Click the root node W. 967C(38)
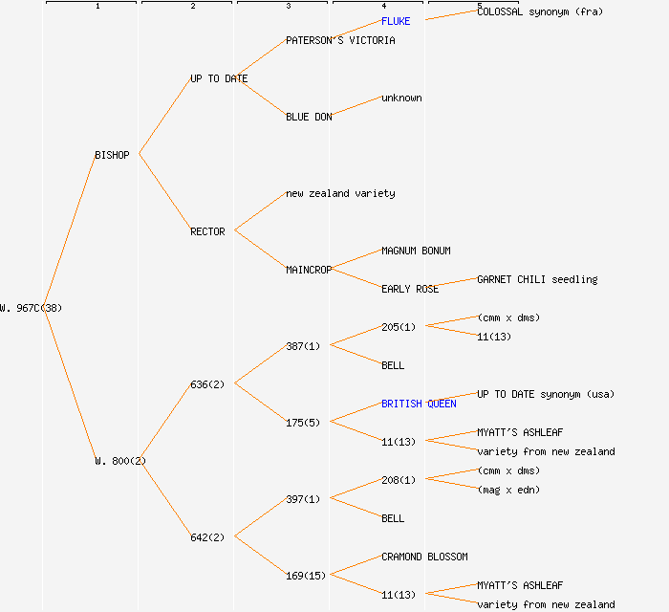coord(32,308)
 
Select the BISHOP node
coord(112,155)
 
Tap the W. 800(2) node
coord(120,461)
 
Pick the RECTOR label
coord(207,231)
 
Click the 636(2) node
coord(207,384)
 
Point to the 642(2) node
coord(207,537)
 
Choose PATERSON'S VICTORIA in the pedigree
coord(340,40)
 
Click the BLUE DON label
coord(309,117)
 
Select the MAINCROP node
coord(309,270)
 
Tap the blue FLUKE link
coord(396,21)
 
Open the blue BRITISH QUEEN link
coord(419,404)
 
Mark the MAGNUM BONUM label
coord(416,251)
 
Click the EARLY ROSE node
coord(410,289)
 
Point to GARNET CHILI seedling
coord(537,279)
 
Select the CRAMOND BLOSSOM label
coord(424,557)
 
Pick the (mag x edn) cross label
coord(508,490)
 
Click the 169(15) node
coord(306,576)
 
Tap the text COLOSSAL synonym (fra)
coord(540,11)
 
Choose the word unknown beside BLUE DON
coord(401,98)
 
